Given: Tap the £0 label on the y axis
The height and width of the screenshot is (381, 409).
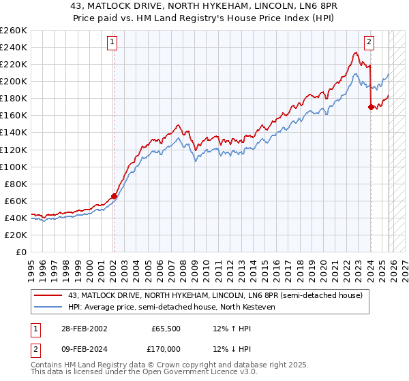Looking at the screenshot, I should click(22, 252).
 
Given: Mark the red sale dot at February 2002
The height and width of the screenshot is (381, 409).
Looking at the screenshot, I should click(114, 196).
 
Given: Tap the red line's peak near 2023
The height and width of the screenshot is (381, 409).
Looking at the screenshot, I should click(357, 52).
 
